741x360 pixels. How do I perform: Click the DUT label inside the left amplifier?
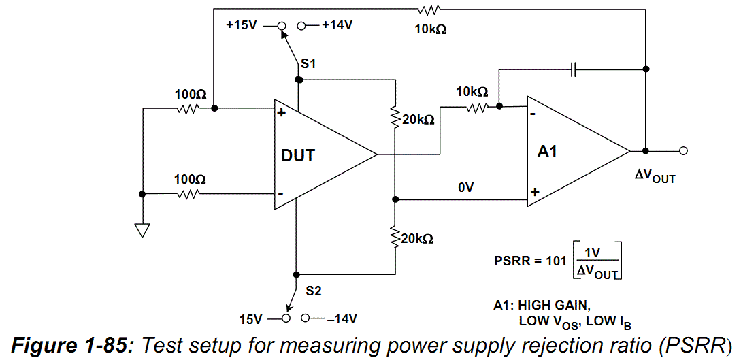[298, 155]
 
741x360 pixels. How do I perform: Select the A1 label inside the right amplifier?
[547, 152]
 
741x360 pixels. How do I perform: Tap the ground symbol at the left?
[142, 229]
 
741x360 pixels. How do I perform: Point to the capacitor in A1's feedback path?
[574, 69]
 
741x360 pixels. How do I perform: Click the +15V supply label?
[242, 25]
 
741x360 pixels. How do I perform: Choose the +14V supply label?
[337, 25]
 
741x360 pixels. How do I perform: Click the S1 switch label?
[308, 63]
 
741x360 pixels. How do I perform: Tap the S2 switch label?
[313, 291]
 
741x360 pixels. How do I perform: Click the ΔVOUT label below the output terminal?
[655, 176]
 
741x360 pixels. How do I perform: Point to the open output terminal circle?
[684, 150]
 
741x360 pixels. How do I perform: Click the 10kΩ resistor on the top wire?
[430, 9]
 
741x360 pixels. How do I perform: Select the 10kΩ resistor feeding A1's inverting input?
[476, 106]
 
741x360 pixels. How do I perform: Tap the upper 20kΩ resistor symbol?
[395, 119]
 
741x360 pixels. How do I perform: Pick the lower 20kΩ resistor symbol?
[395, 239]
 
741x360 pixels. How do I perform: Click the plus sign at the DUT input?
[280, 112]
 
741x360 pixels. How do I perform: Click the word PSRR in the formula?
[511, 261]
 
